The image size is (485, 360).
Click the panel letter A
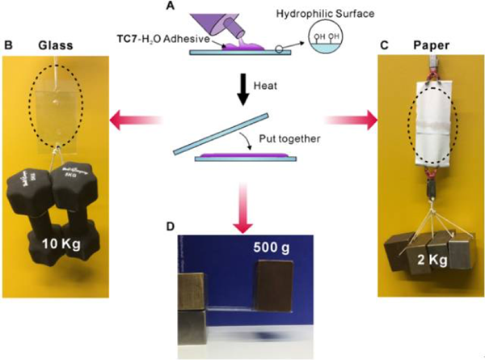pos(215,6)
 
